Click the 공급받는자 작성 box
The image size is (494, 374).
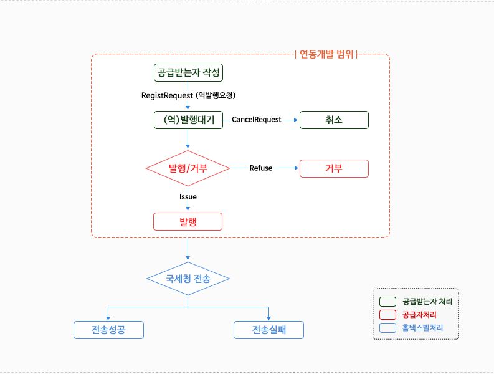click(x=188, y=73)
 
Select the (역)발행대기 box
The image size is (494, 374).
click(x=188, y=120)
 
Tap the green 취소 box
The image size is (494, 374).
click(x=334, y=120)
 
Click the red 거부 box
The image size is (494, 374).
click(x=334, y=168)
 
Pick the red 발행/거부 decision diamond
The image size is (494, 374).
click(x=188, y=168)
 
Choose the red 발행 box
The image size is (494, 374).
click(x=188, y=221)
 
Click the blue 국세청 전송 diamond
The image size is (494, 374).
click(x=188, y=279)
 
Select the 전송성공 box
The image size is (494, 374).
click(x=108, y=330)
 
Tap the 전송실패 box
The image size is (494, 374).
click(x=268, y=330)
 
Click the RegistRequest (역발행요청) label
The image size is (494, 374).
click(x=188, y=95)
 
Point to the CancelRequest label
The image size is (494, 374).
click(x=257, y=120)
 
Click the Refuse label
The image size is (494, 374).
click(x=261, y=168)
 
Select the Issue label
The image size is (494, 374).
click(x=188, y=197)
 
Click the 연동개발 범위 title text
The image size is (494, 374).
click(x=327, y=54)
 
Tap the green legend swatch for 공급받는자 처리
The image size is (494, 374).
click(x=387, y=302)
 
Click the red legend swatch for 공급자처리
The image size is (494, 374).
click(x=387, y=315)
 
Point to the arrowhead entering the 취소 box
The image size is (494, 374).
click(x=297, y=120)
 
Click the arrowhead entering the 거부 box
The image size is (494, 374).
click(x=297, y=168)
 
